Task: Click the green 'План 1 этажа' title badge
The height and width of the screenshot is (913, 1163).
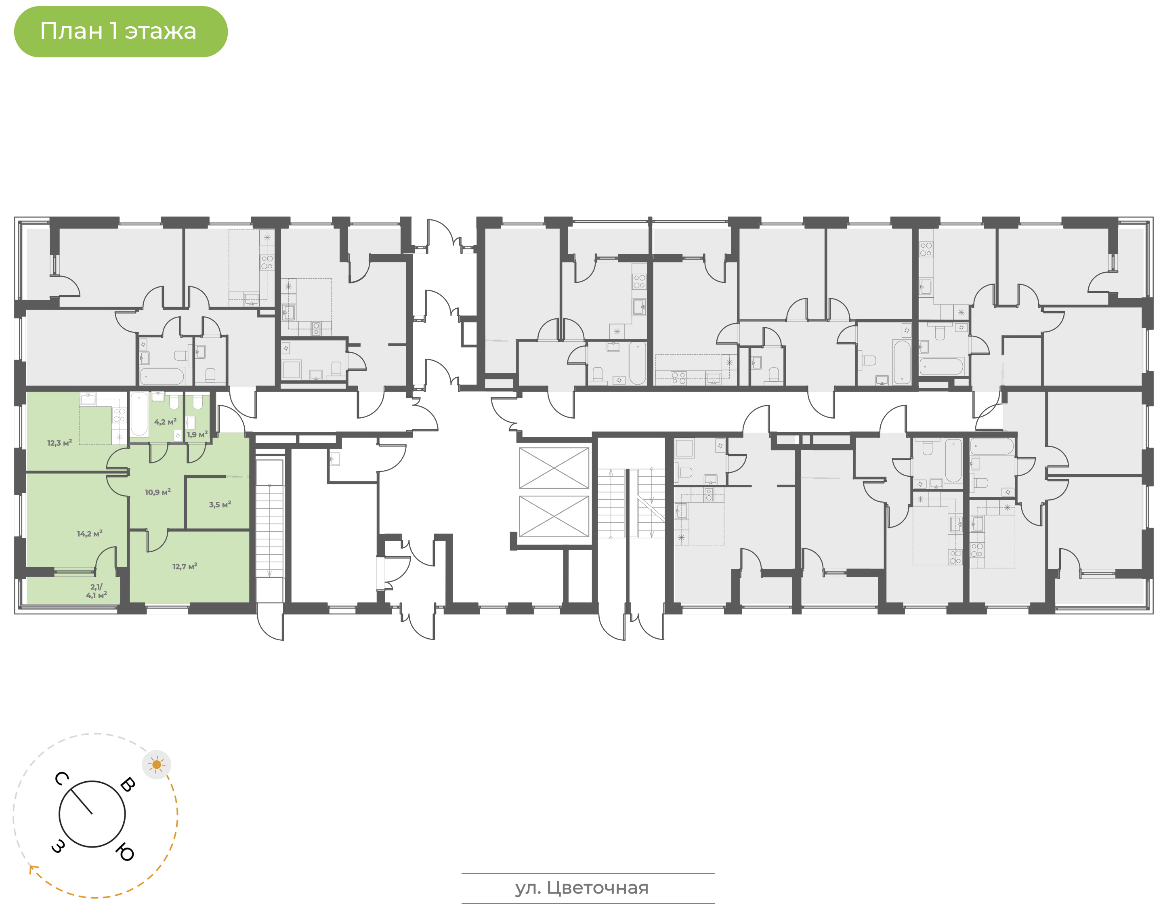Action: click(x=121, y=32)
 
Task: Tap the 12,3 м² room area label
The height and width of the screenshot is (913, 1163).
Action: click(x=59, y=443)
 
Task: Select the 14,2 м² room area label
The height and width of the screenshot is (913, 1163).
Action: click(x=89, y=534)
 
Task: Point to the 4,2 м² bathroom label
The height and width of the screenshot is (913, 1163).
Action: click(x=165, y=422)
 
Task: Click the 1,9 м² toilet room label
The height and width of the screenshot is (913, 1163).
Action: click(x=197, y=435)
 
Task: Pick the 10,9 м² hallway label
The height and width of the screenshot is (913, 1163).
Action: click(x=157, y=492)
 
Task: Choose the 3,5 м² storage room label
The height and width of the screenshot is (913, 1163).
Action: click(x=220, y=504)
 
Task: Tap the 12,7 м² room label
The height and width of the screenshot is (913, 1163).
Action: click(x=184, y=566)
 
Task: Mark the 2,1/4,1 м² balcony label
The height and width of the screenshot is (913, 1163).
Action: click(x=96, y=591)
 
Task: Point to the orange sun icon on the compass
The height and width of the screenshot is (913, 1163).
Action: click(x=157, y=764)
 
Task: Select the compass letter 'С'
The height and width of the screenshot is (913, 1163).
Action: click(x=61, y=778)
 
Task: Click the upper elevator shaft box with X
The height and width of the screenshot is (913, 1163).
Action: click(x=554, y=468)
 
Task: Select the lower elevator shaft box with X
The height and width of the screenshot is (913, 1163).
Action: click(x=554, y=516)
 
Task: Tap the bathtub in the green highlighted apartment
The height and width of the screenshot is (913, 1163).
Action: click(x=139, y=414)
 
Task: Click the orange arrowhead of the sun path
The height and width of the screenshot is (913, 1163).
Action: click(x=33, y=869)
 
